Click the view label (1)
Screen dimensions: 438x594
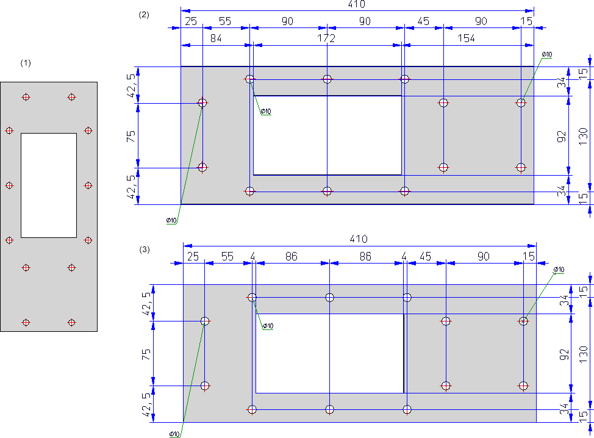click(25, 63)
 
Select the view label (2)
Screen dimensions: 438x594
click(144, 15)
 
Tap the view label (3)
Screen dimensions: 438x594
click(144, 250)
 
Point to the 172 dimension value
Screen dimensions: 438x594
click(327, 38)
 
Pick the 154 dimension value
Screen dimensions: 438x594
click(465, 38)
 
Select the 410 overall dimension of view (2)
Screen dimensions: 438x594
click(356, 4)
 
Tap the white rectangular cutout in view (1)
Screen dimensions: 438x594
click(49, 185)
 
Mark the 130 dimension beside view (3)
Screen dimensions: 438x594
click(583, 352)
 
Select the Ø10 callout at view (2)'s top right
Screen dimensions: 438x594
click(547, 54)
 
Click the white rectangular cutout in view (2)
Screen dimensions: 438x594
click(327, 135)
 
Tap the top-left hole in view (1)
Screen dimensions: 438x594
click(26, 97)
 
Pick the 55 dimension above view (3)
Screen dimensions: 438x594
click(227, 257)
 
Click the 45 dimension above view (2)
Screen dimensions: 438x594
click(423, 21)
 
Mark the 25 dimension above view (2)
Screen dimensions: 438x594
click(191, 21)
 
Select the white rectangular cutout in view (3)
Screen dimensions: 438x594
click(329, 353)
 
